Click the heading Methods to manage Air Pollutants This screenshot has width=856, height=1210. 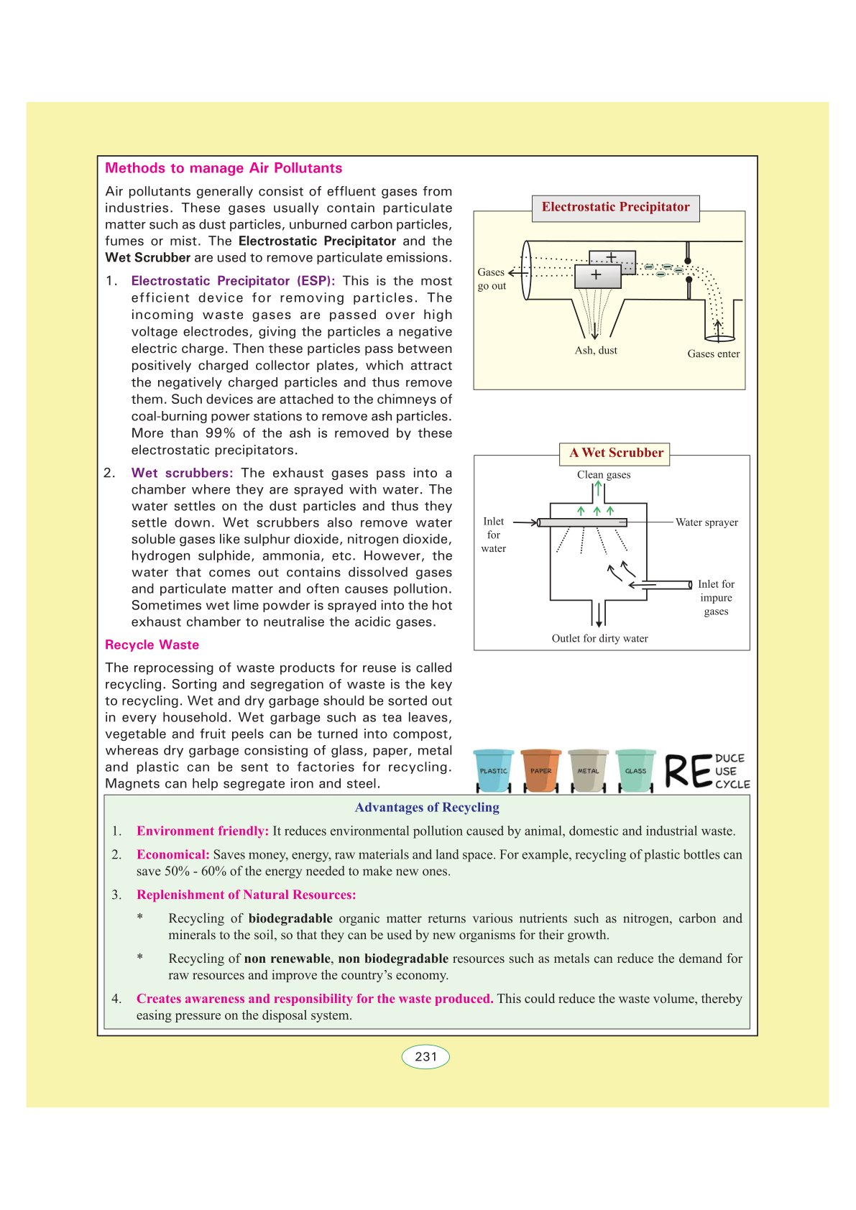click(224, 168)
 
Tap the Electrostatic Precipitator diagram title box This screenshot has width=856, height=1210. click(615, 208)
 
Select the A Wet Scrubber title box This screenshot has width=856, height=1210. click(616, 453)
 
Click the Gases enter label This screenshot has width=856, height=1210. click(713, 354)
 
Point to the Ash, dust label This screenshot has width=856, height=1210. click(596, 351)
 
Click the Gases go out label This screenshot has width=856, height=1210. click(492, 279)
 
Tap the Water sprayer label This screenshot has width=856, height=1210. click(707, 522)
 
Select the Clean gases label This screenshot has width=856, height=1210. click(604, 475)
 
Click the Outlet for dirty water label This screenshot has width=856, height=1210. click(599, 639)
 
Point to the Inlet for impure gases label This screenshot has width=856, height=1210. click(716, 598)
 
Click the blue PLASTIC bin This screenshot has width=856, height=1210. click(493, 770)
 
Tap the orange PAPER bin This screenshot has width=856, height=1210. click(540, 770)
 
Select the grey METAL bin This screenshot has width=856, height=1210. click(588, 770)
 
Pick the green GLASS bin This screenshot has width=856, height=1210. click(635, 770)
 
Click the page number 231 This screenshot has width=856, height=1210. click(425, 1057)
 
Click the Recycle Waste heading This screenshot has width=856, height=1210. click(152, 645)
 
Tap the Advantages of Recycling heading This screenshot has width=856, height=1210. click(427, 808)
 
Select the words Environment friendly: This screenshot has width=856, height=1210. click(203, 831)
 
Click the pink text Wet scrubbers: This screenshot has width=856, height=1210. click(182, 473)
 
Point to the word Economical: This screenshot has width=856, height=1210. click(173, 855)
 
